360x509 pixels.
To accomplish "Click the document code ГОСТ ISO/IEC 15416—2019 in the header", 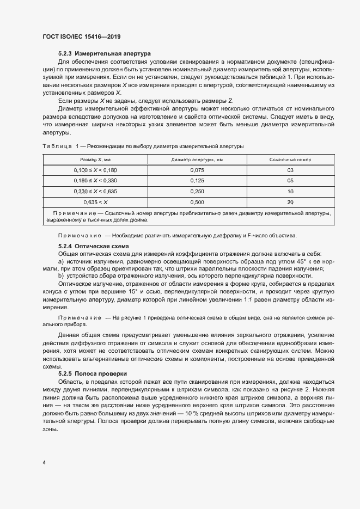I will coord(81,36).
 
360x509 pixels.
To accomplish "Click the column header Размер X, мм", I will coord(95,160).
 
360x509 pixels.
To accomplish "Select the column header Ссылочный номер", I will coord(290,160).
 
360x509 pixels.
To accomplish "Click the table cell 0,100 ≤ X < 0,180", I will coord(95,170).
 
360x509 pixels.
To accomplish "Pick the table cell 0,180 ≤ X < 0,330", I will coord(95,180).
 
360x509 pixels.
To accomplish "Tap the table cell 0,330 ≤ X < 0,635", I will coord(95,191).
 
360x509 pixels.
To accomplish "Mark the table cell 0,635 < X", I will coord(95,202).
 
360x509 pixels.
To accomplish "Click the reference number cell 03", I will coord(290,170).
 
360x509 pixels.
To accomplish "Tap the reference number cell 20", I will coord(290,202).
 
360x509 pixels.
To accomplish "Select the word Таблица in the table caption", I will coord(57,146).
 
